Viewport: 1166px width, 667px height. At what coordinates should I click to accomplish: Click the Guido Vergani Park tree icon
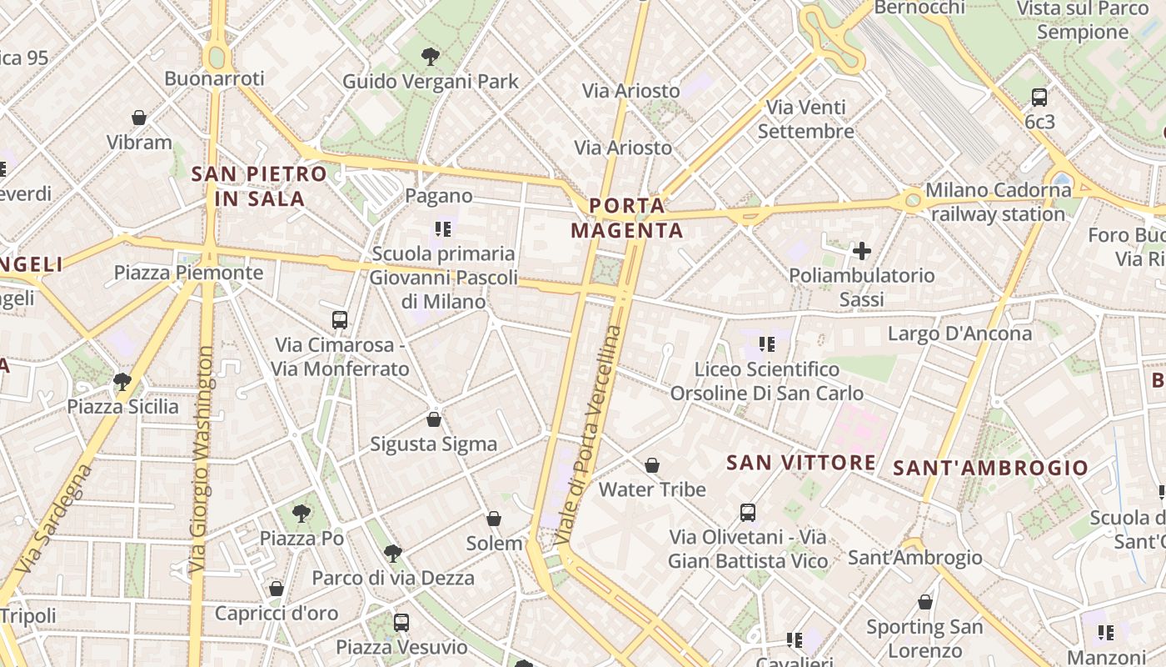pyautogui.click(x=431, y=57)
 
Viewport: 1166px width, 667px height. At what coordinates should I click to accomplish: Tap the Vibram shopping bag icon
pyautogui.click(x=139, y=118)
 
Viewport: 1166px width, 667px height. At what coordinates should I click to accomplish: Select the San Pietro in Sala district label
pyautogui.click(x=259, y=186)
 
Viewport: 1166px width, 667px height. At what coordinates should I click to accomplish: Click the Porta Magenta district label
pyautogui.click(x=627, y=218)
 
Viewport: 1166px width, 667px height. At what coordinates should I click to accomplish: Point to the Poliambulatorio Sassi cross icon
pyautogui.click(x=862, y=250)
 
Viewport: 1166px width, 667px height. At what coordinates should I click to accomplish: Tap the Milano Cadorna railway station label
pyautogui.click(x=998, y=202)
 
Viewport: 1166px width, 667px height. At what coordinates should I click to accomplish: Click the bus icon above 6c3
pyautogui.click(x=1039, y=97)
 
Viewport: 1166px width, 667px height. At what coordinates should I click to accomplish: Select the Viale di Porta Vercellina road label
pyautogui.click(x=590, y=436)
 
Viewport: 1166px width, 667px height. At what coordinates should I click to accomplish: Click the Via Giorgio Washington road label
pyautogui.click(x=202, y=459)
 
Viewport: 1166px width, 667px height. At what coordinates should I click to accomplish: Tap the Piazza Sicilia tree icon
pyautogui.click(x=122, y=382)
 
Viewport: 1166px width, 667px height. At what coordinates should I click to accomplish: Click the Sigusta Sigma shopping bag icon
pyautogui.click(x=433, y=419)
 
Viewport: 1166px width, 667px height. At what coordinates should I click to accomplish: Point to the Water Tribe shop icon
pyautogui.click(x=652, y=464)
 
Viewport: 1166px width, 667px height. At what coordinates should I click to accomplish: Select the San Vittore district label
pyautogui.click(x=800, y=463)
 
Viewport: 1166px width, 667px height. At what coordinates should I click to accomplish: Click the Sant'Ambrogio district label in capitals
pyautogui.click(x=990, y=468)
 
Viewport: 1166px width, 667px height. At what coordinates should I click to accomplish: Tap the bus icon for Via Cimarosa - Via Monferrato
pyautogui.click(x=340, y=319)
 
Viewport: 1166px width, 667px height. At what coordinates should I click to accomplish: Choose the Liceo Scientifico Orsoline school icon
pyautogui.click(x=767, y=344)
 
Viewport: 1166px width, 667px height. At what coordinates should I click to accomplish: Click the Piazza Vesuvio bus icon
pyautogui.click(x=401, y=622)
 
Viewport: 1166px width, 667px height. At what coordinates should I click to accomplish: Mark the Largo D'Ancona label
pyautogui.click(x=959, y=333)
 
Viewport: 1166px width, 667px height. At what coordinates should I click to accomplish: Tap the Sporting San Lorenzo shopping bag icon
pyautogui.click(x=924, y=602)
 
